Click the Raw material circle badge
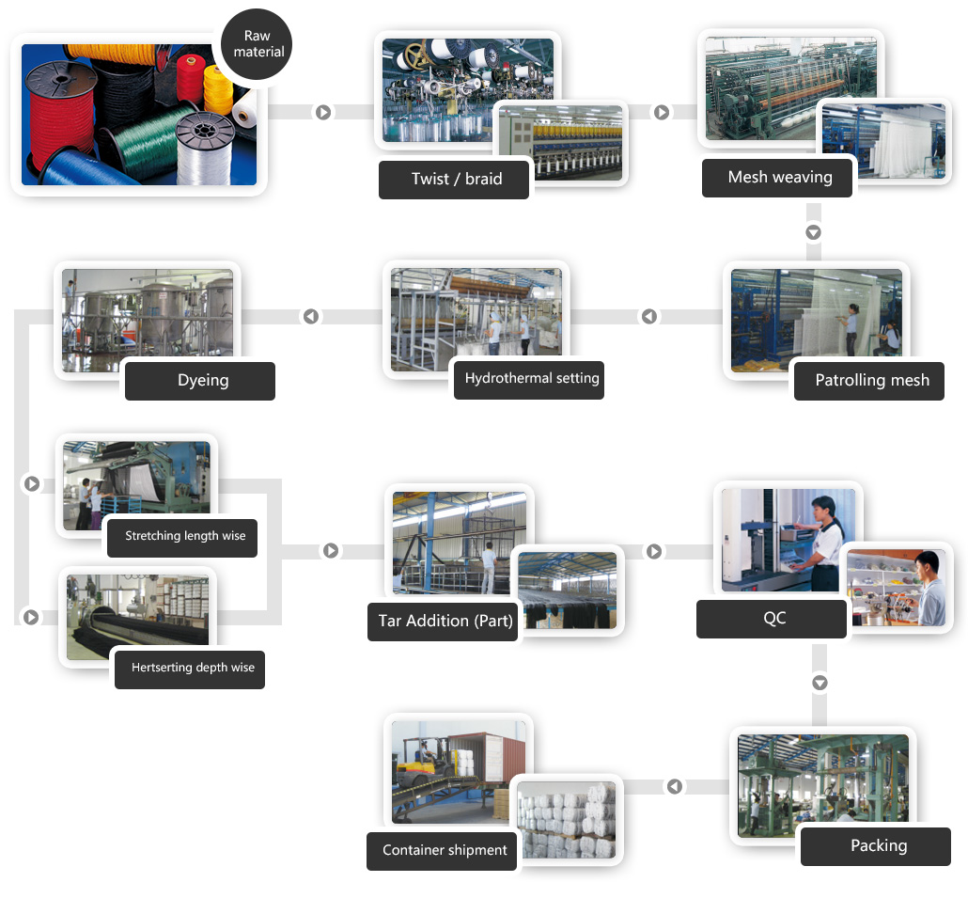pos(257,45)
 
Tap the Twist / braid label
pos(456,179)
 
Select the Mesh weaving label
pos(779,177)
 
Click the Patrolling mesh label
pos(871,380)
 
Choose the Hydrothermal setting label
pos(531,378)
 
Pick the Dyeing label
pos(202,381)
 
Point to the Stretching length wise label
pos(184,536)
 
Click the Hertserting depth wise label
pos(192,668)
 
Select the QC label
pos(773,618)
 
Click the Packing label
pos(878,845)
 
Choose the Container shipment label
pos(444,850)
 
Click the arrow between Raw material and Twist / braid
pos(323,112)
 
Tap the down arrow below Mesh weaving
pos(814,232)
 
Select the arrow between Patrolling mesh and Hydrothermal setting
pos(649,317)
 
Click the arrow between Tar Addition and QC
pos(654,552)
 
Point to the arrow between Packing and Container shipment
pos(675,786)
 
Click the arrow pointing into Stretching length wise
pos(32,483)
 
